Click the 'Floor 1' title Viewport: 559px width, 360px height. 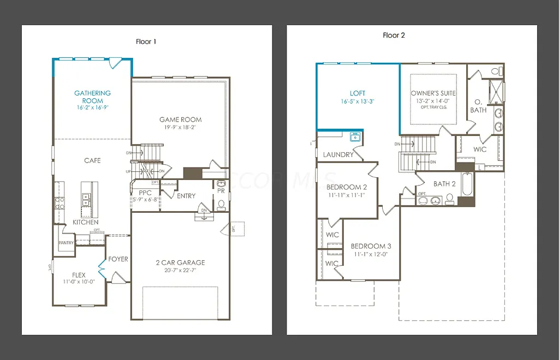coord(146,41)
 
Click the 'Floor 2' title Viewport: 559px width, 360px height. coord(394,35)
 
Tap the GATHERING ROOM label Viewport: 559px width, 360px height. coord(92,97)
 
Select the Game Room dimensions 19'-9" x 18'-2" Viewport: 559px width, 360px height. coord(180,127)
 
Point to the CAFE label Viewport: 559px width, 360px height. coord(92,161)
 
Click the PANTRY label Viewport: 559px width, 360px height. coord(66,243)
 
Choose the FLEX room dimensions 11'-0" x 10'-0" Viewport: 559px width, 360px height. coord(79,281)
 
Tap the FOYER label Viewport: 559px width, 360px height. coord(118,259)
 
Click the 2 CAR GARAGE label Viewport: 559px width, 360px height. coord(180,262)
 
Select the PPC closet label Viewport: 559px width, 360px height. coord(145,193)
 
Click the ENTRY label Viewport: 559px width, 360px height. coord(186,196)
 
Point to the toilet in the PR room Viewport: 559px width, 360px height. coord(221,205)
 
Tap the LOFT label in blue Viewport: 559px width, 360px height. coord(358,93)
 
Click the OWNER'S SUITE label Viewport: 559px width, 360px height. coord(433,93)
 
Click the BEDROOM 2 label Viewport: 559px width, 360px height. coord(347,187)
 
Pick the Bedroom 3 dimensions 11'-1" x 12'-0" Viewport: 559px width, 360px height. coord(371,254)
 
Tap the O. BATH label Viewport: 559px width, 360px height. coord(478,106)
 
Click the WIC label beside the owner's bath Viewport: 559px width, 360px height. coord(480,149)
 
